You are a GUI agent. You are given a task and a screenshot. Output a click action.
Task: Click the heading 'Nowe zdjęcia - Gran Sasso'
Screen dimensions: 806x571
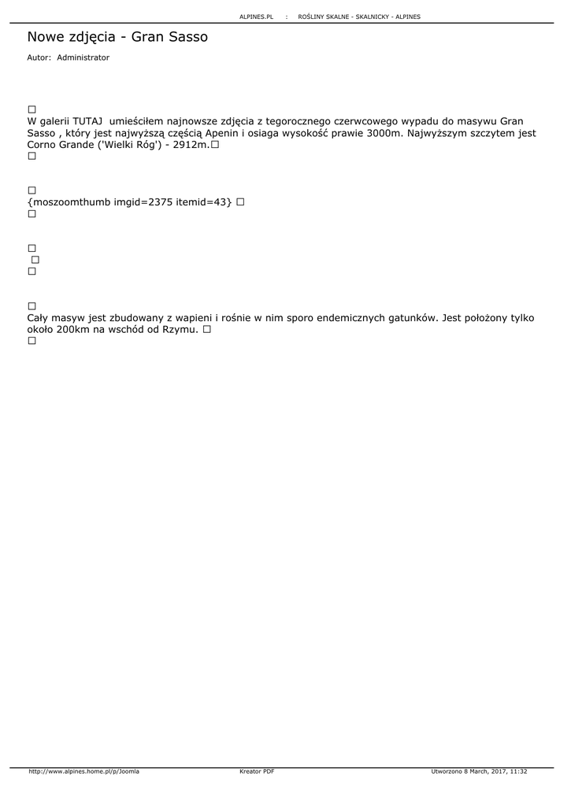pos(117,37)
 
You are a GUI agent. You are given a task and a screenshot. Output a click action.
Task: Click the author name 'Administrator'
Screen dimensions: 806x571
pos(83,57)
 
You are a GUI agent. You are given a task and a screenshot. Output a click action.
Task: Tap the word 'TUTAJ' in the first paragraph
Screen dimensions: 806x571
pos(87,121)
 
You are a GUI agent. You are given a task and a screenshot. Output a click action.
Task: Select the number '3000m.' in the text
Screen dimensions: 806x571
pos(384,133)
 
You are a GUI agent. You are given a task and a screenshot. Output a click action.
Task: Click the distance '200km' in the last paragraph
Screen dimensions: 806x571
pos(73,330)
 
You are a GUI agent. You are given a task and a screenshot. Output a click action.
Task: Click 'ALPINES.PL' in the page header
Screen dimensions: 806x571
pos(256,17)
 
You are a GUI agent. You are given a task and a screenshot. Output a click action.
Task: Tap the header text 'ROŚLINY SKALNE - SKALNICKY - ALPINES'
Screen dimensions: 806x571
pos(359,17)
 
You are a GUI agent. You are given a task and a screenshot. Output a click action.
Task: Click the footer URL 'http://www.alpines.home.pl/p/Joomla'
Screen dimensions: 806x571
pos(83,771)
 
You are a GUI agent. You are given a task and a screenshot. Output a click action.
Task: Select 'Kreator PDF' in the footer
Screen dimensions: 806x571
pos(257,771)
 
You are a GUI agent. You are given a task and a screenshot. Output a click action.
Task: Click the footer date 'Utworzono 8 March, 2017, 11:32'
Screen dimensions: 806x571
pos(479,771)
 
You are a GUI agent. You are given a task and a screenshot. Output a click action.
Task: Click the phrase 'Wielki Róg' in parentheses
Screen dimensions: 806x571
pos(127,145)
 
